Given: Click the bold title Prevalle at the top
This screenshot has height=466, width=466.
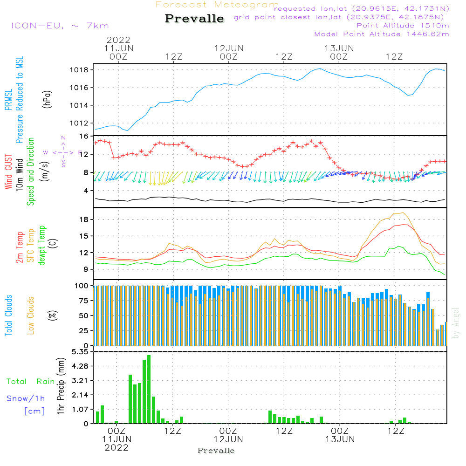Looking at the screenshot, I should point(194,19).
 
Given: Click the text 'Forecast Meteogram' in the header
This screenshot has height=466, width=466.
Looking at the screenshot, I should point(217,5).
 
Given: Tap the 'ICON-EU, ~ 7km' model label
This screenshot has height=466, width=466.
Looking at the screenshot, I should point(60,26).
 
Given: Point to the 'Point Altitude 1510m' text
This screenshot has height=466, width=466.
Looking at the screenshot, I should point(403,26).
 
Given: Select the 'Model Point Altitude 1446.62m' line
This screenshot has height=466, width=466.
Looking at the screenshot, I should point(382,34).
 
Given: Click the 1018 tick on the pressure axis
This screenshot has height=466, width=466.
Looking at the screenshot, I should point(84,70).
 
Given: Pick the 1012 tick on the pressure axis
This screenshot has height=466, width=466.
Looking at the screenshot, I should point(84,123).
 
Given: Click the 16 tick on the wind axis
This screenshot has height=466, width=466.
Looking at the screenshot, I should point(84,137).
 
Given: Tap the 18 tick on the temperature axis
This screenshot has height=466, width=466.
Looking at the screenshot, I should point(84,219).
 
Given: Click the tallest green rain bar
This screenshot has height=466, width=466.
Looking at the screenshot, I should point(149,389).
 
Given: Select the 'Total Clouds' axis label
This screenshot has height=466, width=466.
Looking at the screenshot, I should point(8,315).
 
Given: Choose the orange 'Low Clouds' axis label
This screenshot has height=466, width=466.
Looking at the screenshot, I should point(31,315).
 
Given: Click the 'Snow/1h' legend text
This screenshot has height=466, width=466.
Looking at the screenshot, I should point(26,398).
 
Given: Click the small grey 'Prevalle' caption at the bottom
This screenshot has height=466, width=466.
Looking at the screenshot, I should point(216,451).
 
